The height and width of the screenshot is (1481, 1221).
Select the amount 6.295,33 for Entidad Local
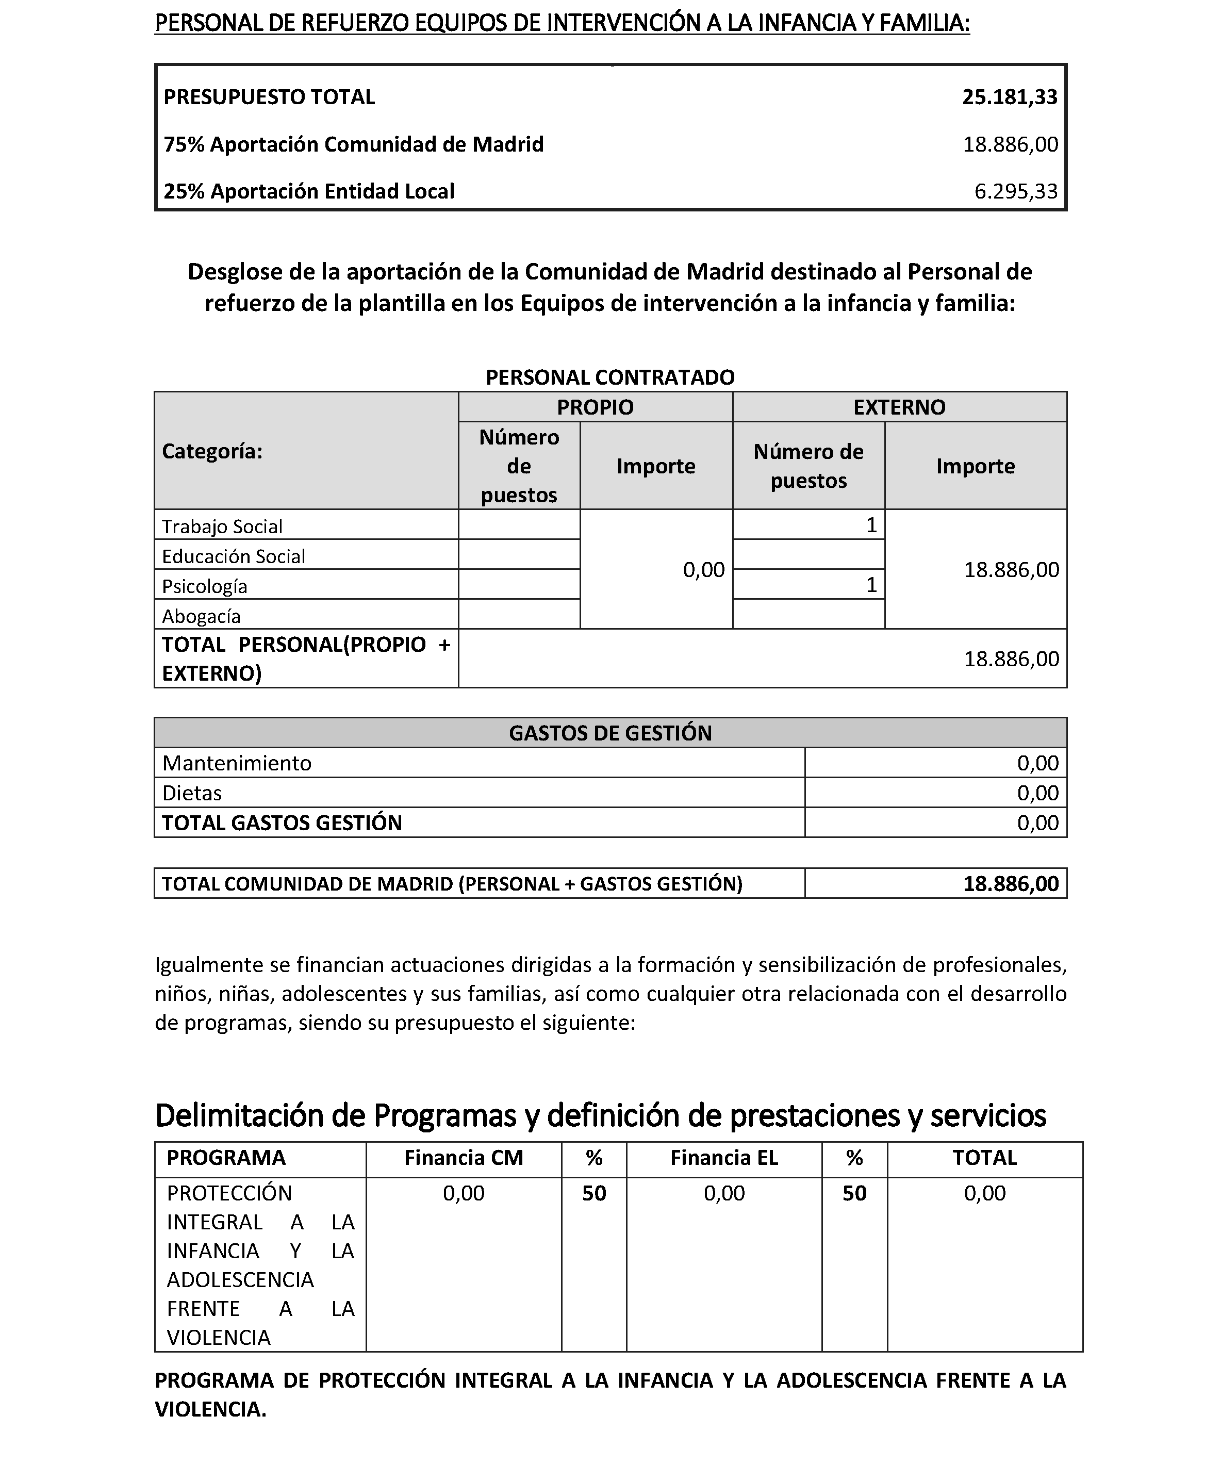tap(1016, 191)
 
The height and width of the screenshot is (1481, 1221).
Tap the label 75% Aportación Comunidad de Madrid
tap(354, 144)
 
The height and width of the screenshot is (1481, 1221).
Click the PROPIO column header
tap(595, 407)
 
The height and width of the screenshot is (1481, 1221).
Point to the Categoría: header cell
tap(212, 452)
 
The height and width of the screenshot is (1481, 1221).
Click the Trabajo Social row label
tap(222, 526)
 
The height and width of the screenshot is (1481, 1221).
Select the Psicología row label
tap(205, 586)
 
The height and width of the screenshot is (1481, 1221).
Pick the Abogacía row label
tap(201, 617)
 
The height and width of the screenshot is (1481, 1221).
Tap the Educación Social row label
tap(234, 557)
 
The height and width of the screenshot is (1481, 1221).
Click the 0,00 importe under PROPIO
tap(703, 570)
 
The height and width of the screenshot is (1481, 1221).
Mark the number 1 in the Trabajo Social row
tap(871, 525)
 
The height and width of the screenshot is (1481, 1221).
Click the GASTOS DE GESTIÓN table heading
tap(610, 733)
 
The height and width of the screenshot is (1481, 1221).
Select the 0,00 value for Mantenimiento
tap(1037, 763)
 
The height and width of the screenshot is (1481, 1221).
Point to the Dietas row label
tap(192, 793)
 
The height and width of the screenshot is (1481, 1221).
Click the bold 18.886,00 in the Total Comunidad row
tap(1011, 884)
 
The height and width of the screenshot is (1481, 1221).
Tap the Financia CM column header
tap(464, 1158)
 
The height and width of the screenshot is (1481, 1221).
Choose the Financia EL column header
tap(724, 1158)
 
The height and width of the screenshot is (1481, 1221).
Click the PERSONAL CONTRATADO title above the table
tap(610, 377)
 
